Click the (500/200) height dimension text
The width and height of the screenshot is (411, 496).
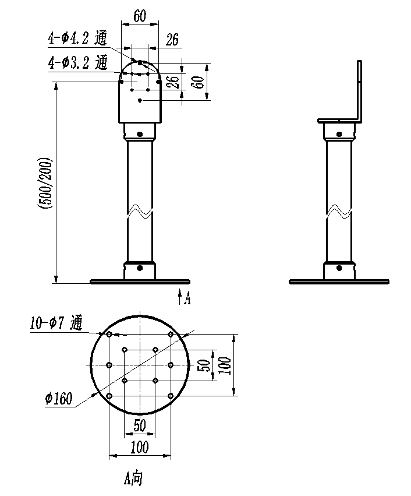pyautogui.click(x=45, y=182)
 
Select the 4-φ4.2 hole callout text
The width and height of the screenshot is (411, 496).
pyautogui.click(x=77, y=38)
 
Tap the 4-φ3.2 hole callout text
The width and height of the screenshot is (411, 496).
pyautogui.click(x=77, y=62)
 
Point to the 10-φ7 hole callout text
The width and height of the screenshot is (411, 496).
pyautogui.click(x=56, y=323)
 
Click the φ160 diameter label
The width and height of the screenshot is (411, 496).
pyautogui.click(x=59, y=399)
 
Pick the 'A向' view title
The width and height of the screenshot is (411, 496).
pyautogui.click(x=133, y=479)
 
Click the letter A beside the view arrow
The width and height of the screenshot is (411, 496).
pyautogui.click(x=187, y=298)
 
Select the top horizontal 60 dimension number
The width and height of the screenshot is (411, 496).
pyautogui.click(x=140, y=16)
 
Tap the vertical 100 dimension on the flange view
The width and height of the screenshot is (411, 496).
pyautogui.click(x=225, y=365)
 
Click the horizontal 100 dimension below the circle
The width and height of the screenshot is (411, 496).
pyautogui.click(x=140, y=447)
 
